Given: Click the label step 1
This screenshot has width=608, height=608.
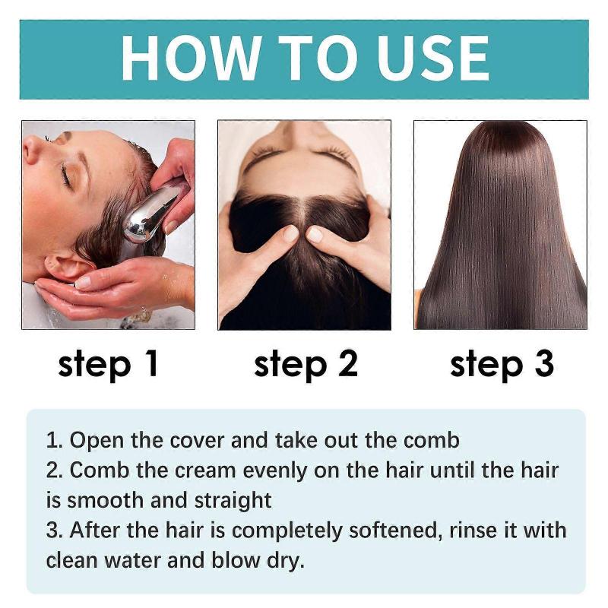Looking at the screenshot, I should (108, 364).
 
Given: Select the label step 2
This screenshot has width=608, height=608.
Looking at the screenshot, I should (305, 364).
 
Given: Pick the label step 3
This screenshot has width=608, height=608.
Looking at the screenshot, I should (502, 364).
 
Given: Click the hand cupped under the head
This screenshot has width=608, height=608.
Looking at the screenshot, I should (99, 293).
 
